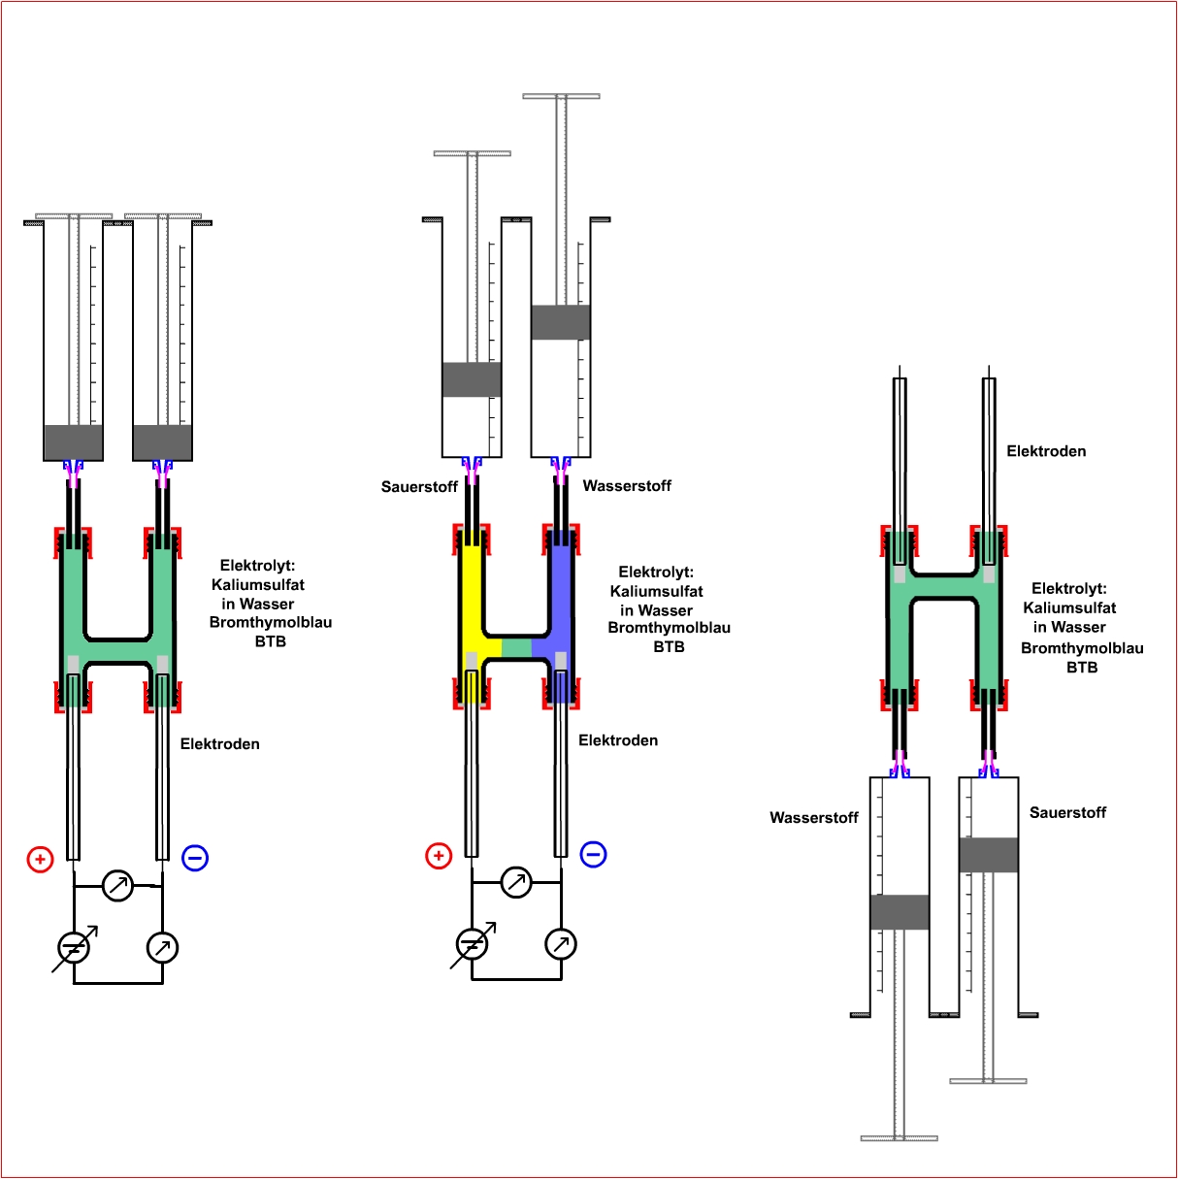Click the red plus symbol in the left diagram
pyautogui.click(x=40, y=859)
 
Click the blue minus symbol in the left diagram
pyautogui.click(x=195, y=858)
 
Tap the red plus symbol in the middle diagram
pyautogui.click(x=439, y=856)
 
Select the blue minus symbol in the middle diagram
pyautogui.click(x=593, y=855)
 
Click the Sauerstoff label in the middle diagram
pyautogui.click(x=419, y=487)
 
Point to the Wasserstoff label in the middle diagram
pyautogui.click(x=627, y=486)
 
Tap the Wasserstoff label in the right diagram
pyautogui.click(x=814, y=818)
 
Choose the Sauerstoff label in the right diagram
pyautogui.click(x=1067, y=813)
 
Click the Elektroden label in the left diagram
pyautogui.click(x=220, y=744)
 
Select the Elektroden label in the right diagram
pyautogui.click(x=1046, y=451)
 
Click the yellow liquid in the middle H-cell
pyautogui.click(x=472, y=602)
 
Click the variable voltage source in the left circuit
pyautogui.click(x=74, y=948)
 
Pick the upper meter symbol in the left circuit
pyautogui.click(x=117, y=886)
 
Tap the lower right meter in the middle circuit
pyautogui.click(x=561, y=944)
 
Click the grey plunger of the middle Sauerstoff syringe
pyautogui.click(x=472, y=379)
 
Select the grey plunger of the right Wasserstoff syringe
pyautogui.click(x=900, y=912)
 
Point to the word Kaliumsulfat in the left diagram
pyautogui.click(x=258, y=585)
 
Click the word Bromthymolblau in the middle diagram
pyautogui.click(x=669, y=628)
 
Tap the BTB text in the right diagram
pyautogui.click(x=1082, y=668)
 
